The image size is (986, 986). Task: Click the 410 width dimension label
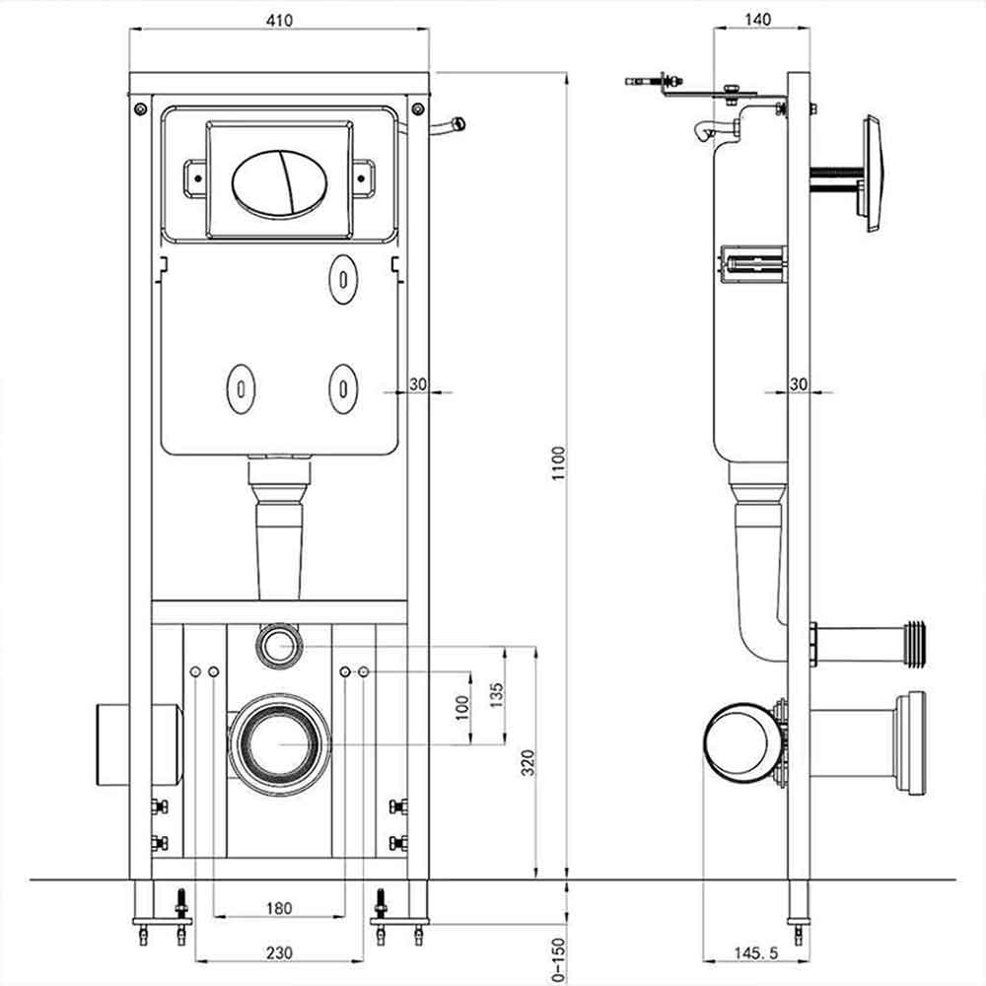point(279,21)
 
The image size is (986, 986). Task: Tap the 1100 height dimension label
point(558,463)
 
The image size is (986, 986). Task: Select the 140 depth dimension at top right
point(757,20)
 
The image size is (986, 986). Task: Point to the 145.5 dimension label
point(756,953)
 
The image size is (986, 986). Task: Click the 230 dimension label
point(279,953)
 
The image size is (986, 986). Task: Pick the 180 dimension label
point(279,908)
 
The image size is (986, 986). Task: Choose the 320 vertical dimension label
point(528,762)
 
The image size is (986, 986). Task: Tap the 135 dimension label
point(497,695)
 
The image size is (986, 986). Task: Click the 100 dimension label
point(462,708)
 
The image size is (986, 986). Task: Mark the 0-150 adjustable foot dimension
point(558,960)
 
